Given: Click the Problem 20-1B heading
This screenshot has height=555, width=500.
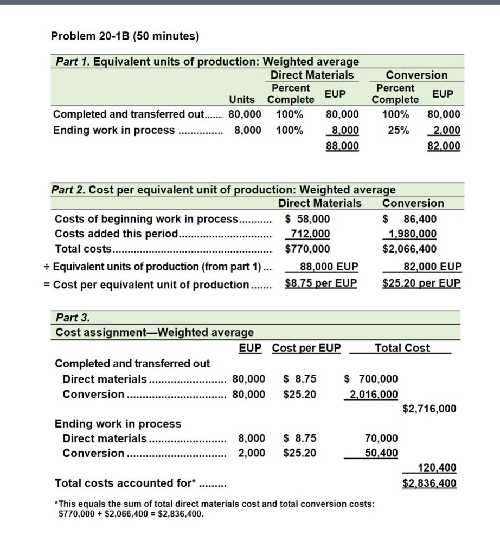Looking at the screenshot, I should (x=125, y=36).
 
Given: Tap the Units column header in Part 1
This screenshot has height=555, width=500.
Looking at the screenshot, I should (x=242, y=99).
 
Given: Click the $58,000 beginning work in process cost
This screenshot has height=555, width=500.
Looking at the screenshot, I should (x=307, y=219).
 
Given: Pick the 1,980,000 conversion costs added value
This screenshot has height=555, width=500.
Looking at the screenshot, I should (x=413, y=234).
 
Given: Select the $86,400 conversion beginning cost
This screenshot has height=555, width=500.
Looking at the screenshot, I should (x=409, y=219).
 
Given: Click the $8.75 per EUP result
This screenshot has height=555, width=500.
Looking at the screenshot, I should (x=321, y=283).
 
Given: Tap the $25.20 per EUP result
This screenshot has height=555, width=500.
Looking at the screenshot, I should (x=421, y=283).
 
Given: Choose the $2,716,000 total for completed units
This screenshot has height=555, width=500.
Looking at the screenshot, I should (x=429, y=409).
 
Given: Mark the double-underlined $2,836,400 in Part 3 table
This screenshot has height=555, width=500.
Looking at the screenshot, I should (x=429, y=483).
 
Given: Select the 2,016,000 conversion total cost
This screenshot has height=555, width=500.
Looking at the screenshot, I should (x=373, y=394).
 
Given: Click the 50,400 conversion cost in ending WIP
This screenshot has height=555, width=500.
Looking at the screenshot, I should (x=381, y=453).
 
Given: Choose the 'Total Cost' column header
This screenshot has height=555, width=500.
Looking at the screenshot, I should (x=402, y=348).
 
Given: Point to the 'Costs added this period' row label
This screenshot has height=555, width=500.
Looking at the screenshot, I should (x=116, y=234).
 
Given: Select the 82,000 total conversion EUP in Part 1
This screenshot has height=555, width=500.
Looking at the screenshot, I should (x=443, y=145).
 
